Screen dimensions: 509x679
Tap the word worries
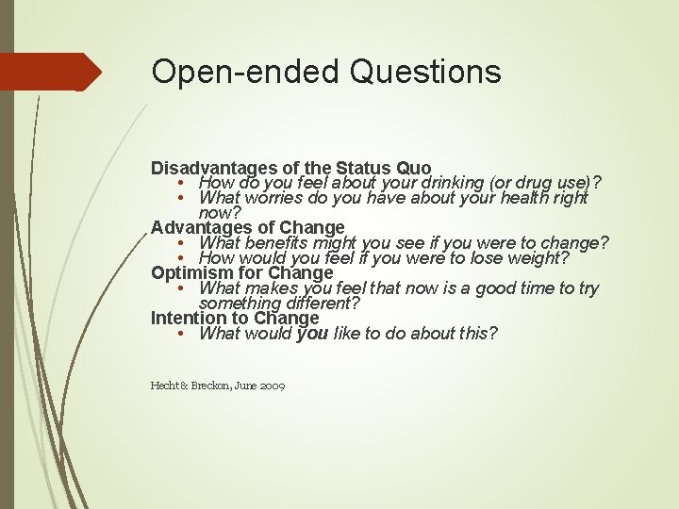(x=277, y=198)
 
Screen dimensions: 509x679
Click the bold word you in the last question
(x=312, y=334)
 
